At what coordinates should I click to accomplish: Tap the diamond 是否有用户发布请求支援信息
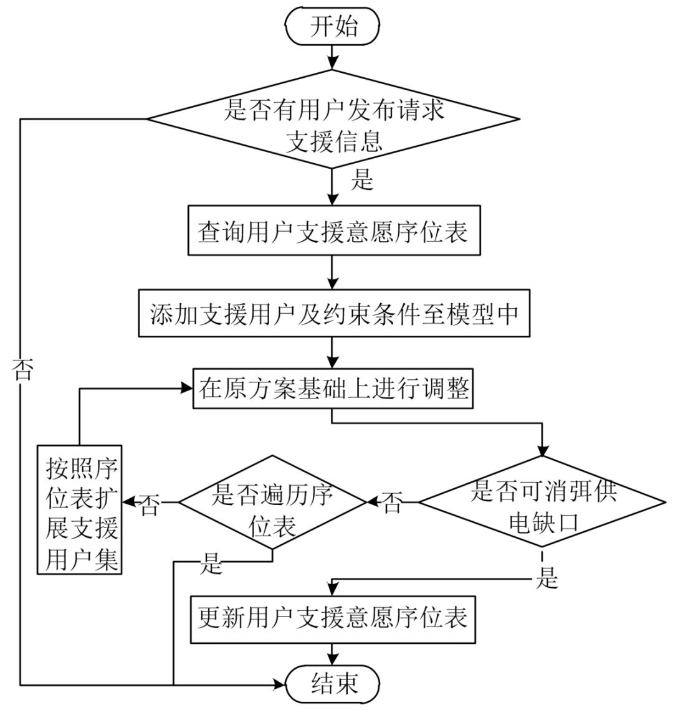point(333,119)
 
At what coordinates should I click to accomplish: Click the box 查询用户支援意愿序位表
point(333,232)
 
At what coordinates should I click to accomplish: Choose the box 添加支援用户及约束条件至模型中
point(333,314)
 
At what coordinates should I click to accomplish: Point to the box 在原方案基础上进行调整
point(333,389)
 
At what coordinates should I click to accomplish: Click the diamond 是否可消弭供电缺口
point(542,502)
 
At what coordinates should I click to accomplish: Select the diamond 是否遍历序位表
point(272,502)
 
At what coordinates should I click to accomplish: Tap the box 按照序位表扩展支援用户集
point(79,509)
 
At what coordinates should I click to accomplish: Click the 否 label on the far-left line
point(22,370)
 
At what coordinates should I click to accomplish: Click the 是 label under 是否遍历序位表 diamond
point(212,564)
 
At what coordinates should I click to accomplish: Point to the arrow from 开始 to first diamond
point(333,57)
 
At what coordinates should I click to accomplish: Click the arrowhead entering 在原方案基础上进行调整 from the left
point(186,388)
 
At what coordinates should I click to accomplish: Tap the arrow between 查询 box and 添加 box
point(333,272)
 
